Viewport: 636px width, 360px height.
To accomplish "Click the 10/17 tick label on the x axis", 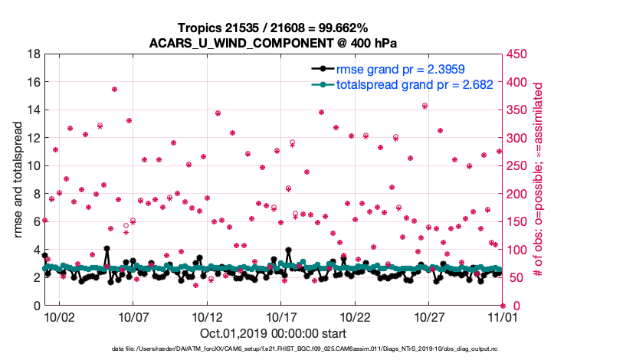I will click(280, 316).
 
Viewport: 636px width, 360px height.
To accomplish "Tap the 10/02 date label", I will click(58, 316).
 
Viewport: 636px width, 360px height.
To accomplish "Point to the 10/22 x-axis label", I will click(355, 316).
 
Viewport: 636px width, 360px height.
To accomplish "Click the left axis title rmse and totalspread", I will click(18, 180).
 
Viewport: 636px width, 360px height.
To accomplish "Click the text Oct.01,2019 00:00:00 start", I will click(273, 333).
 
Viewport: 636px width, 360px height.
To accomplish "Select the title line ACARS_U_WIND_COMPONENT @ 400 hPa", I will click(273, 42).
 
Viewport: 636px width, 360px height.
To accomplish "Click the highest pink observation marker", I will click(114, 90).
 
